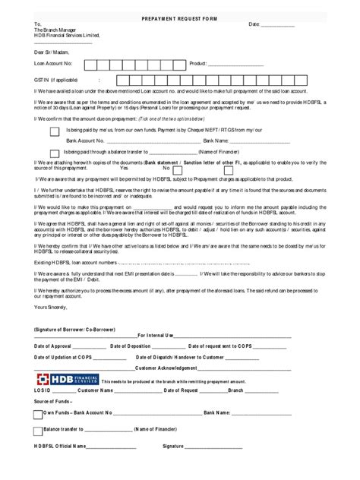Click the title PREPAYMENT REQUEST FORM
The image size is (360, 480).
click(x=179, y=16)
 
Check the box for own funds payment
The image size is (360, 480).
click(x=54, y=131)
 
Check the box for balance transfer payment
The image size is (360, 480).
click(x=54, y=153)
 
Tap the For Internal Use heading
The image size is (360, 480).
click(x=156, y=335)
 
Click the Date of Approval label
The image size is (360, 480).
click(x=55, y=346)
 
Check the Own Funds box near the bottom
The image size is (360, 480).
click(x=38, y=414)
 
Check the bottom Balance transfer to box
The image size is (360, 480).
click(x=38, y=431)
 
